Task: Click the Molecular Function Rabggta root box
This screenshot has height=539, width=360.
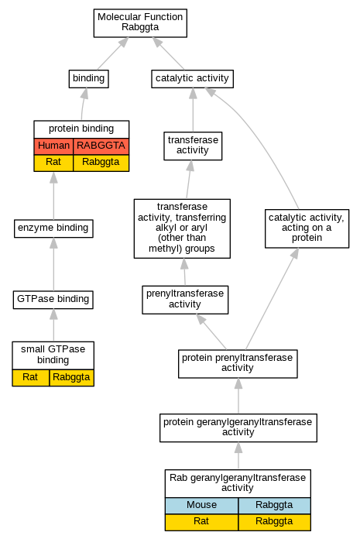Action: (140, 23)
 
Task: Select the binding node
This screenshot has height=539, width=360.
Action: (88, 79)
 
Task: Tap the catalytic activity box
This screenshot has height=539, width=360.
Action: (192, 79)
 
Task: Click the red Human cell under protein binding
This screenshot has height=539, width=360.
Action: (53, 146)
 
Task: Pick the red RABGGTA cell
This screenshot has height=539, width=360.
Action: (101, 146)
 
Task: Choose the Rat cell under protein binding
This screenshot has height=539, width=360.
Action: (53, 163)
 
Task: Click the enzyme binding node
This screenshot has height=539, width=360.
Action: (53, 228)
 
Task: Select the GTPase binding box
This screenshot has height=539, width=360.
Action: (53, 300)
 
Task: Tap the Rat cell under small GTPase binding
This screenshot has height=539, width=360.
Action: (30, 378)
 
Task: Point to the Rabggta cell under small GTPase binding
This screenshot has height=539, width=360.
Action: (71, 378)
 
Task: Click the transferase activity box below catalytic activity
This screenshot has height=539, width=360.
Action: (193, 146)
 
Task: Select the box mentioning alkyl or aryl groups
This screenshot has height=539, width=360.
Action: (182, 228)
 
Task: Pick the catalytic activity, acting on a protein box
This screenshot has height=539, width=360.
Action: (307, 228)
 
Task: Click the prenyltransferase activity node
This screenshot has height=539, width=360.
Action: (185, 300)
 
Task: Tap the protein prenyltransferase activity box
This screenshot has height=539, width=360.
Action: (238, 364)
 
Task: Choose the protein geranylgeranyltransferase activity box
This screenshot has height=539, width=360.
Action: (238, 427)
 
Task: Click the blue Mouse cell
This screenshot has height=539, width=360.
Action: (201, 506)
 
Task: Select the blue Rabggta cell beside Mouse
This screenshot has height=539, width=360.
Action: (275, 506)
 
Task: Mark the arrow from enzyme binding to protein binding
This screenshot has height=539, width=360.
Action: (53, 196)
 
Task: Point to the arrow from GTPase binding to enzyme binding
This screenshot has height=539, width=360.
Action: (53, 264)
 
